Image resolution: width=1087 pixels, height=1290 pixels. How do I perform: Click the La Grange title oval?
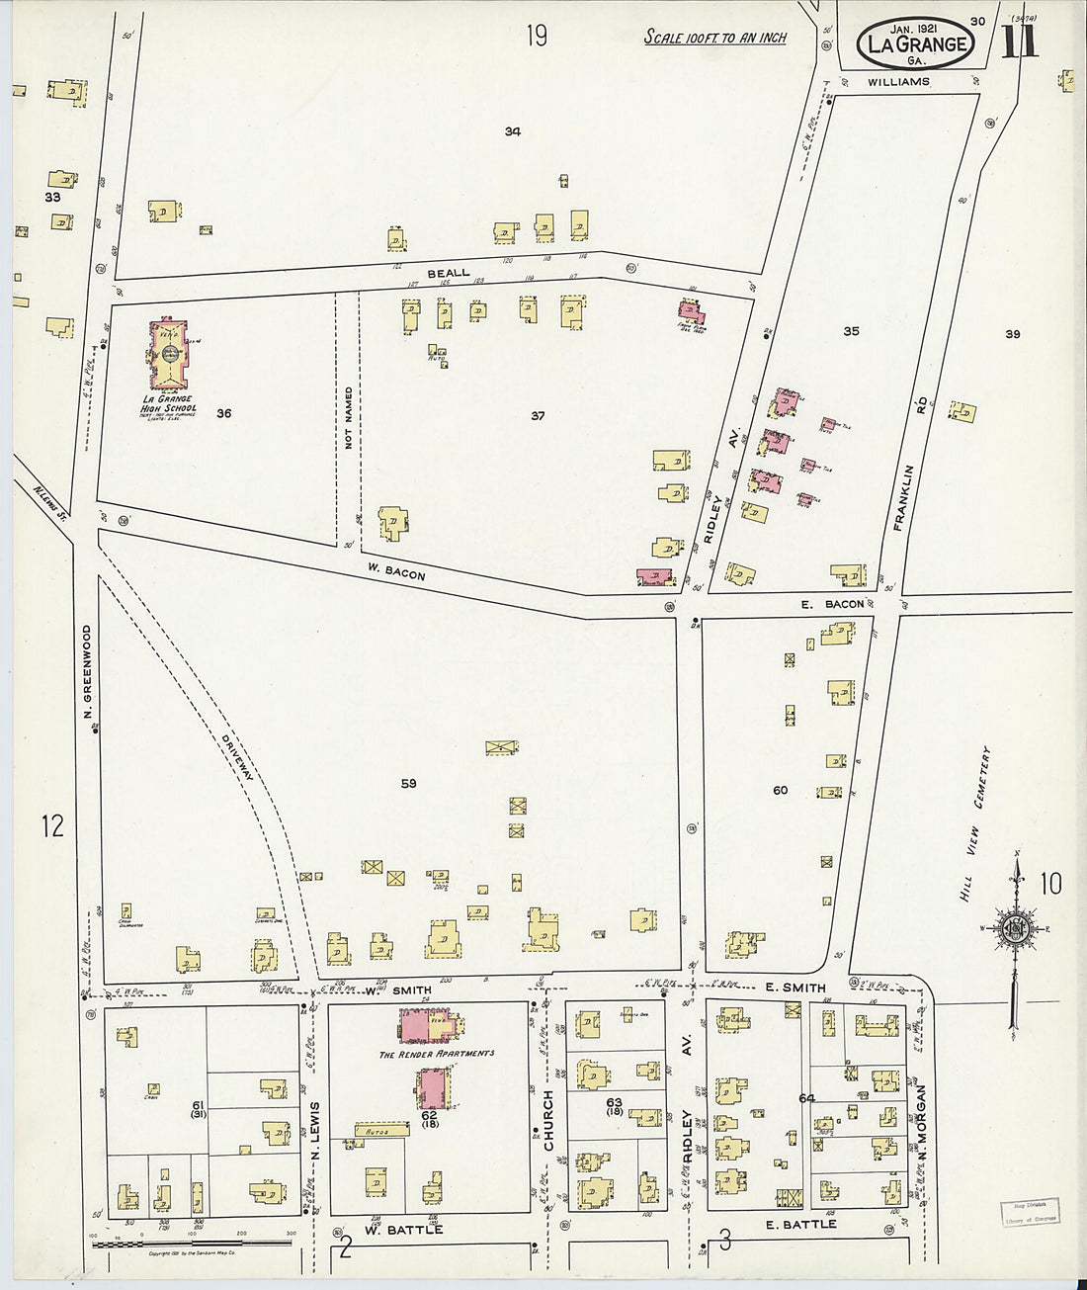coord(916,43)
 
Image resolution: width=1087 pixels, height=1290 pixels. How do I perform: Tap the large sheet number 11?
coord(1019,42)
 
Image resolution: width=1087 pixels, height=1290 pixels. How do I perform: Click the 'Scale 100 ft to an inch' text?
coord(715,38)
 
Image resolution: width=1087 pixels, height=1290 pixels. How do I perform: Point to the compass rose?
coord(1017,927)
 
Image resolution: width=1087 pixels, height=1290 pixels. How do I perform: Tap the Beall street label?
coord(449,273)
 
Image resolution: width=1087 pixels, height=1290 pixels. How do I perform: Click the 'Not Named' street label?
coord(348,419)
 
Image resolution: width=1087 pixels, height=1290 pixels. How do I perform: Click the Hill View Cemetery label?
coord(973,823)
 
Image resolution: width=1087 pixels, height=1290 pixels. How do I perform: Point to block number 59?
coord(408,783)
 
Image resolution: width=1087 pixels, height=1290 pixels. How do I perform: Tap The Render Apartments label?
coord(437,1054)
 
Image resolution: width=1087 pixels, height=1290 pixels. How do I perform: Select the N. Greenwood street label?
coord(87,671)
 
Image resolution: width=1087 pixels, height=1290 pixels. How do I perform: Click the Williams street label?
coord(898,82)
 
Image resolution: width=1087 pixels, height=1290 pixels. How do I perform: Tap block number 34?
coord(512,131)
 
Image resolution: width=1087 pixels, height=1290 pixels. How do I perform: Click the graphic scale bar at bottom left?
coord(194,1243)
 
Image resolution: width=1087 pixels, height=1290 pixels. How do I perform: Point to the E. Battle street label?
coord(801,1224)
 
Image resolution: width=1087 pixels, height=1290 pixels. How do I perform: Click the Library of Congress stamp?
coord(1030,1212)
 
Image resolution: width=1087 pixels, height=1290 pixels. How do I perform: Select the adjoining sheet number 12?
coord(51,824)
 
